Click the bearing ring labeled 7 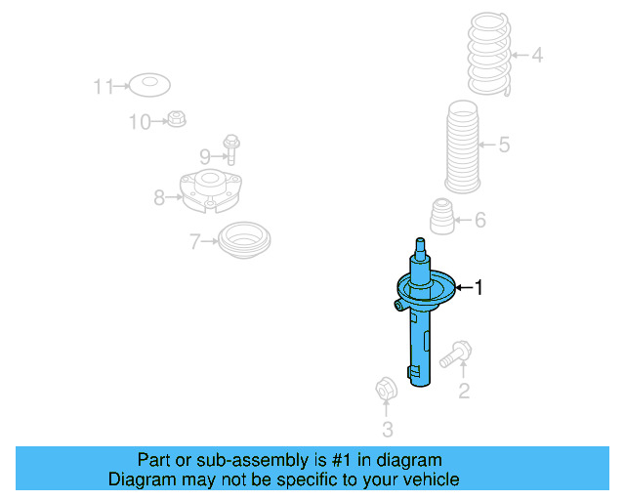[x=243, y=239]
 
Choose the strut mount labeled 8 [x=210, y=191]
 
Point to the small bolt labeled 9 [x=232, y=148]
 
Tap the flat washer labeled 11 [x=148, y=86]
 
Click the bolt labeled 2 [x=454, y=354]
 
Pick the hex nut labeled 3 [x=385, y=390]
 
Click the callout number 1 [x=479, y=287]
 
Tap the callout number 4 [x=536, y=56]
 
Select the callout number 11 [x=103, y=87]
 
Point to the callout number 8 [x=159, y=198]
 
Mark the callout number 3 [x=387, y=429]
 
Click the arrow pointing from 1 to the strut [x=462, y=287]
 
